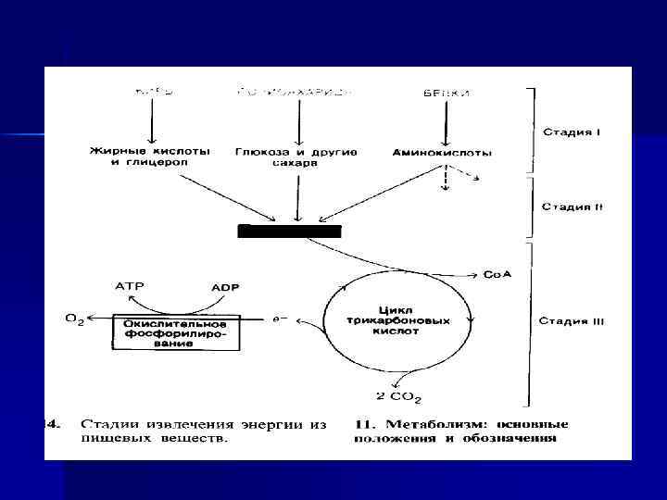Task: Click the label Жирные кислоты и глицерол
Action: tap(150, 156)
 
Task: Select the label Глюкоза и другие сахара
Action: tap(296, 156)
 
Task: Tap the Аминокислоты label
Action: tap(442, 152)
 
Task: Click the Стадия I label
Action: tap(572, 131)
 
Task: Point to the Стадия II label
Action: tap(572, 206)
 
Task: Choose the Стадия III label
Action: tap(572, 321)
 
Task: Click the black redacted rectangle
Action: tap(289, 231)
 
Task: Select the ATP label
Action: tap(129, 286)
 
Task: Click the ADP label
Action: tap(224, 287)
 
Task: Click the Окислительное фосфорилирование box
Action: tap(176, 331)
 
